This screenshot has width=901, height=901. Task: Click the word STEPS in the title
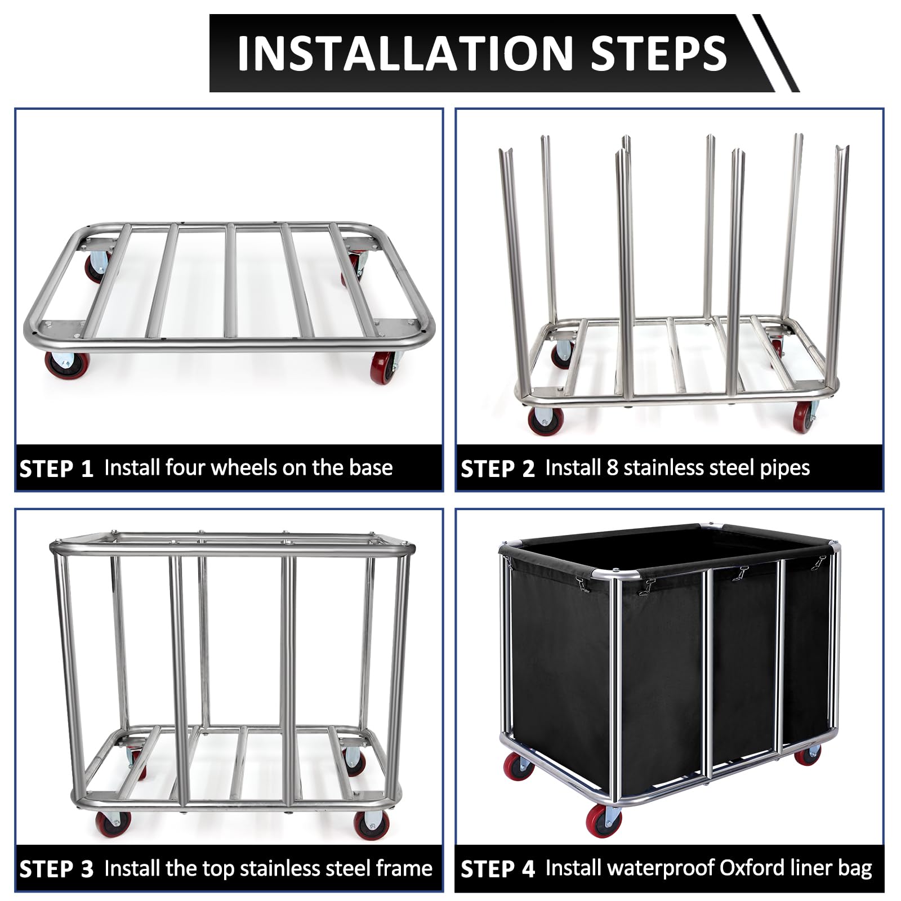[659, 53]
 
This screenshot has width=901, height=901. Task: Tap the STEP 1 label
[56, 469]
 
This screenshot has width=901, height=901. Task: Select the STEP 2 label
[498, 469]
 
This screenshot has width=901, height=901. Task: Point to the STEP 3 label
[56, 869]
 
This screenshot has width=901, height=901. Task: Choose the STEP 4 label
[498, 869]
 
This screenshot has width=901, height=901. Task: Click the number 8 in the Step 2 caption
[612, 468]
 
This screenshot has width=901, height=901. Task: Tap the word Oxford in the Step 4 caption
[753, 868]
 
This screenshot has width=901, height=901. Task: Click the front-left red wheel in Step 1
[61, 364]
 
